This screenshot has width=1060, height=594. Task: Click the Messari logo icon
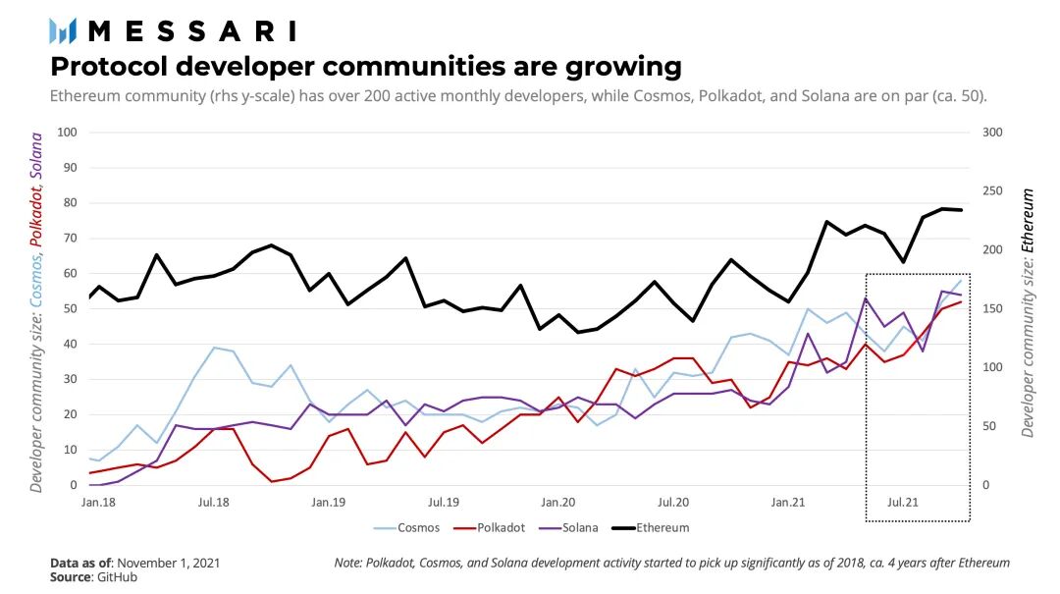[x=63, y=30]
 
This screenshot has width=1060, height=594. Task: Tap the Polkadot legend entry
[x=500, y=527]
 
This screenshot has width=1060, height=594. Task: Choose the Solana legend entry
[x=580, y=527]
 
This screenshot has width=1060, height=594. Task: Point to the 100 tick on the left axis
[x=68, y=133]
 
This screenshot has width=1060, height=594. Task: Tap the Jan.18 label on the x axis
[x=100, y=502]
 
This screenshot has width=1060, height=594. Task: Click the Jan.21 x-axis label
[x=789, y=502]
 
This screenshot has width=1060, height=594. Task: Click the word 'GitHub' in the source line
[x=117, y=577]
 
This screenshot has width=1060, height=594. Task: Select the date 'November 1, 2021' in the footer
[x=168, y=563]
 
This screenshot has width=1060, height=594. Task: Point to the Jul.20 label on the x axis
[x=674, y=502]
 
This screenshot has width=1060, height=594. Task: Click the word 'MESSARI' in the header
[x=191, y=30]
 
